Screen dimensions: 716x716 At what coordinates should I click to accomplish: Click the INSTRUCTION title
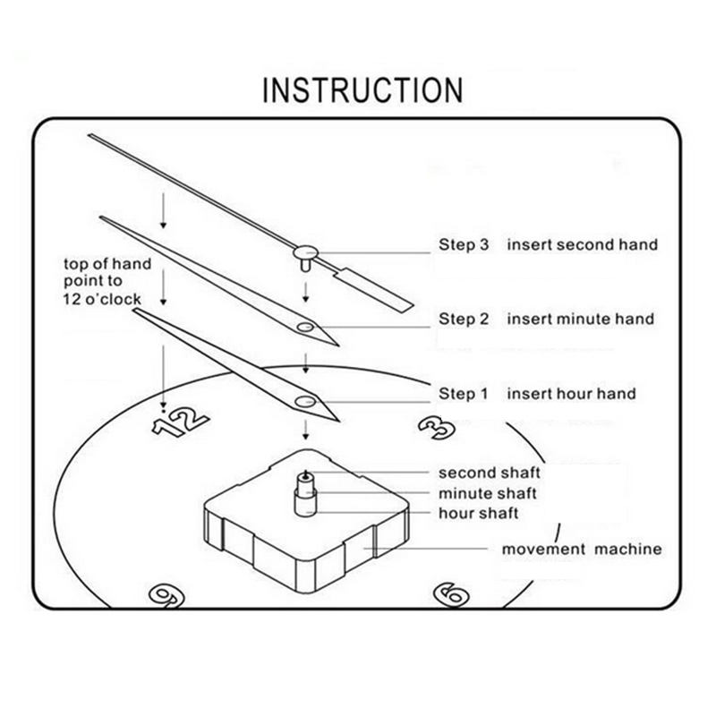click(362, 90)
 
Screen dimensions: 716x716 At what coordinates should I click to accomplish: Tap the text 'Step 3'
click(463, 244)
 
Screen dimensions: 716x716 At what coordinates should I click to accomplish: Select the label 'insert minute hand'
click(580, 319)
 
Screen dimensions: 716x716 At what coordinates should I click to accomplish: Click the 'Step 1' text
click(463, 394)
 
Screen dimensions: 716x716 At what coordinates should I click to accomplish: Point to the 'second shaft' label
click(489, 472)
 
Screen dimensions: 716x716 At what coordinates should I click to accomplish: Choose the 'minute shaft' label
click(489, 493)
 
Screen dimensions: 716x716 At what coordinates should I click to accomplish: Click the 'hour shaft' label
click(479, 514)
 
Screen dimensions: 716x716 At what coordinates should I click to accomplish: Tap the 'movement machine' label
click(582, 549)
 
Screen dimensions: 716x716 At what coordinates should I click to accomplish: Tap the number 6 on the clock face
click(448, 592)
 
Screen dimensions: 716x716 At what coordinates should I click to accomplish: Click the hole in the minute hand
click(306, 328)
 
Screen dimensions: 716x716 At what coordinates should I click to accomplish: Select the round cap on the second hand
click(306, 252)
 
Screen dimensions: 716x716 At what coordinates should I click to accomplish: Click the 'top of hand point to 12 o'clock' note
click(107, 280)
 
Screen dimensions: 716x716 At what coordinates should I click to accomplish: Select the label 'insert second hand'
click(582, 244)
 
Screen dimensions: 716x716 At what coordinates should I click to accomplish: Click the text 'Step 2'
click(463, 319)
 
